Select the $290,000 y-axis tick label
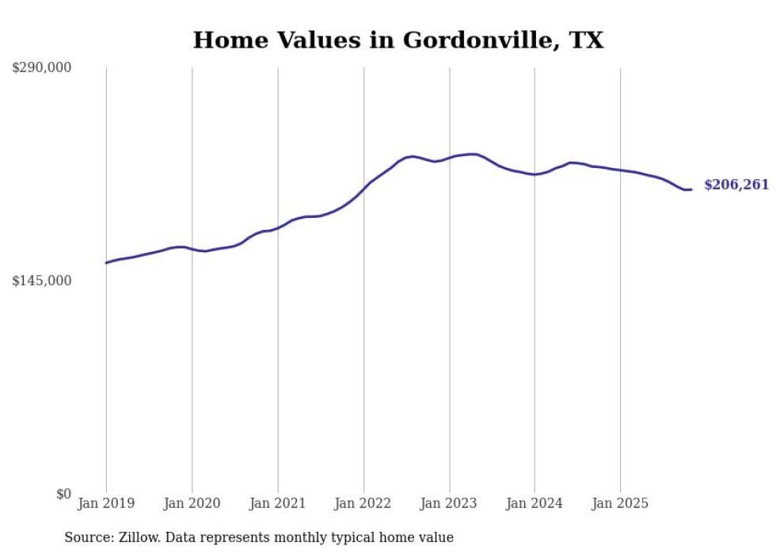tap(41, 68)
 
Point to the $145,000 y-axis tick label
tap(41, 281)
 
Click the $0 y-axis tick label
tap(63, 494)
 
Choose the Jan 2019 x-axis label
tap(106, 503)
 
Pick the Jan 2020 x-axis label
tap(192, 503)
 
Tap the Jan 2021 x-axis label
tap(278, 503)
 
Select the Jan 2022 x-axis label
tap(363, 503)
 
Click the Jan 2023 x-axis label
tap(449, 503)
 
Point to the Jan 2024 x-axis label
tap(534, 503)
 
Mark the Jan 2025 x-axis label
tap(620, 503)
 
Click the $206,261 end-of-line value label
tap(736, 185)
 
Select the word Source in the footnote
tap(86, 537)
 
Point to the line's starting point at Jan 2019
tap(106, 262)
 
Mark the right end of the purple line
tap(691, 189)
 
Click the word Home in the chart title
tap(224, 40)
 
